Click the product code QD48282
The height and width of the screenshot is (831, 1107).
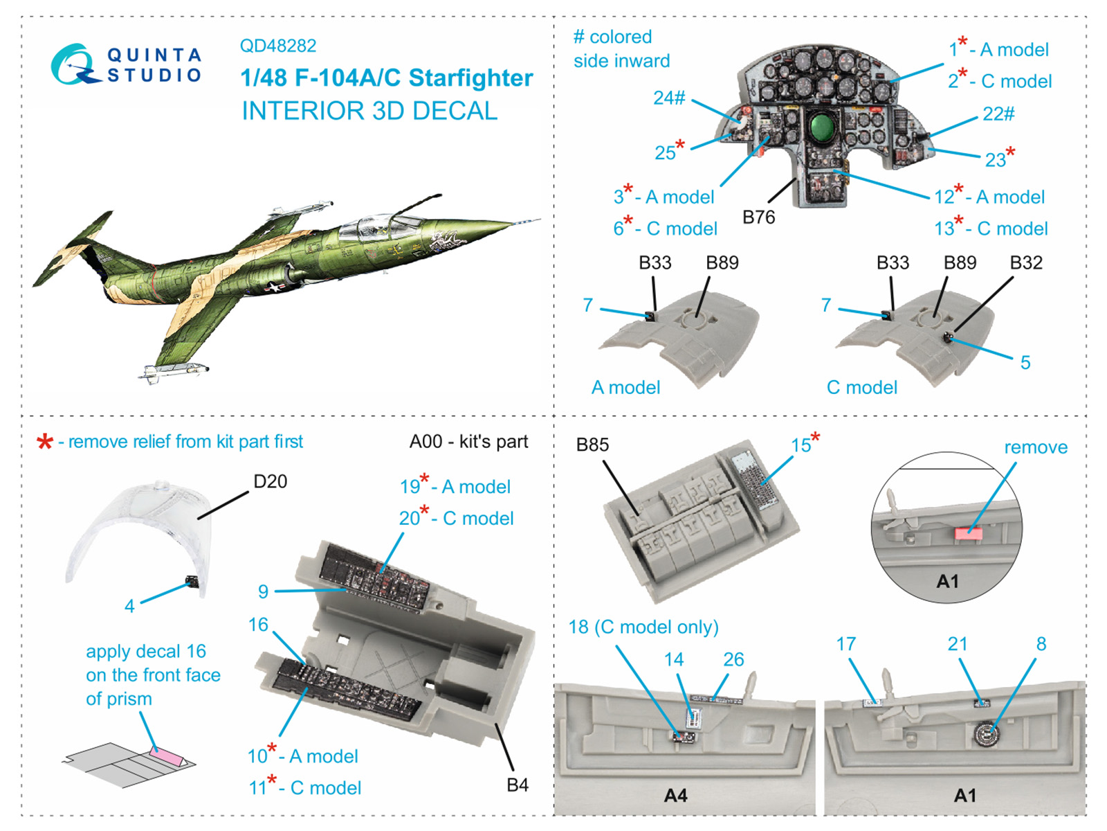277,46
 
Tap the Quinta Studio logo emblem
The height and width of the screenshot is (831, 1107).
73,65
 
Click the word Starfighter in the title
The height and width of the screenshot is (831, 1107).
470,78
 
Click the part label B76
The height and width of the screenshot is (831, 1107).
758,217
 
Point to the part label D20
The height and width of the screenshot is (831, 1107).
270,481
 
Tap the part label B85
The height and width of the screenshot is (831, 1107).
592,445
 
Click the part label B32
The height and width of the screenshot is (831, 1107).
1025,263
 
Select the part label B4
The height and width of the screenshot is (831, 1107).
517,785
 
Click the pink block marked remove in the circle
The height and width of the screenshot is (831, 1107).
968,533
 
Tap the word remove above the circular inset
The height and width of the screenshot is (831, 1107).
1035,447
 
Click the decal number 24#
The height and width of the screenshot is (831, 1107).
669,98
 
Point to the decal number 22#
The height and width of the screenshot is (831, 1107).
998,114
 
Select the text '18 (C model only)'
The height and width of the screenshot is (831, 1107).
643,627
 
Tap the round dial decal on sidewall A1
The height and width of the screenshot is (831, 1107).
983,733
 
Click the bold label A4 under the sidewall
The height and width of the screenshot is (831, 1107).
675,796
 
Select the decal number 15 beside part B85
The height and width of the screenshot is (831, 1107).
801,445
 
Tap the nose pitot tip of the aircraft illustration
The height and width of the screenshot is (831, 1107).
538,220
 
